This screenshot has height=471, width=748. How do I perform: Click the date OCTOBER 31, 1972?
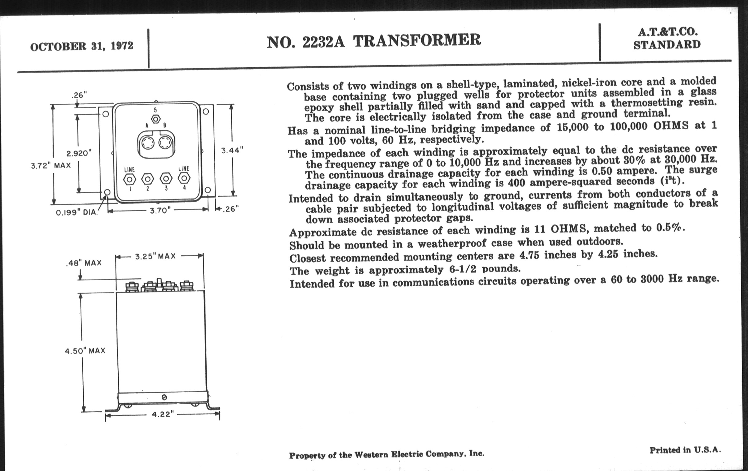tap(82, 46)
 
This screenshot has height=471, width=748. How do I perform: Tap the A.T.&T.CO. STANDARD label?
tap(667, 38)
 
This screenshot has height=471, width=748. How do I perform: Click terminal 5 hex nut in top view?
tap(156, 119)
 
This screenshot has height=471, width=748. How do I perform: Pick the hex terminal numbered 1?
tap(129, 179)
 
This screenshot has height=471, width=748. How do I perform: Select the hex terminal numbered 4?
tap(184, 178)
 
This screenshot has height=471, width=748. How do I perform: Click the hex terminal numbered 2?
tap(148, 179)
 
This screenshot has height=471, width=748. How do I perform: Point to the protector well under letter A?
tap(147, 144)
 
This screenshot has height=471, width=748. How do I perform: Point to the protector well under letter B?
tap(165, 143)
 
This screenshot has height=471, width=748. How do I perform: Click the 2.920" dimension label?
tap(79, 153)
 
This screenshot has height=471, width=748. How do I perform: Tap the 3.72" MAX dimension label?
tap(51, 166)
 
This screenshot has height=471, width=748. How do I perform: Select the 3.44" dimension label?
tap(232, 151)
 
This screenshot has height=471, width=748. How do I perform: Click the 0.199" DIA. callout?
tap(77, 213)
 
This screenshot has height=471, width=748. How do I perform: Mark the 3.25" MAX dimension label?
tap(155, 256)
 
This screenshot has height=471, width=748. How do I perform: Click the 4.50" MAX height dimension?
tap(85, 351)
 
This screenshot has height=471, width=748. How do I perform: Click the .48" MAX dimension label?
tap(84, 263)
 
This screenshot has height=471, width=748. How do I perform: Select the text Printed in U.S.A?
tap(685, 450)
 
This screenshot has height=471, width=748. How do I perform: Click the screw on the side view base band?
tap(164, 397)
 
